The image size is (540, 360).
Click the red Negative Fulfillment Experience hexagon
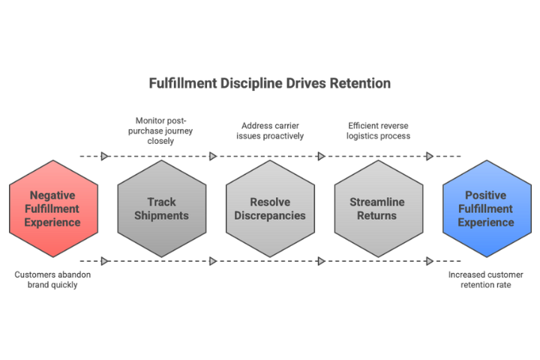click(53, 208)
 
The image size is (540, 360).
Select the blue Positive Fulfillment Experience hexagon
click(486, 208)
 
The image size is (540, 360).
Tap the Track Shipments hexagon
click(162, 208)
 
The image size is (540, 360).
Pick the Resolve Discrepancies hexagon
click(270, 208)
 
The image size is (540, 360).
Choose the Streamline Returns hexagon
click(378, 208)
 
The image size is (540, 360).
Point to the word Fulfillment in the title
click(184, 82)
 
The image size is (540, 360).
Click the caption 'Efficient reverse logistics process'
click(379, 130)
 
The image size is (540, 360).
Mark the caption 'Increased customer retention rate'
click(486, 280)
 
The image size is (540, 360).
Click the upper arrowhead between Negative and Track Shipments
click(105, 156)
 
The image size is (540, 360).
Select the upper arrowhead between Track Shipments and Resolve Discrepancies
click(213, 156)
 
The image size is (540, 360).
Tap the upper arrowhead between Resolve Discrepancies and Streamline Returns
click(321, 156)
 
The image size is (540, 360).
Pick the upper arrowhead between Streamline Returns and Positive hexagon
click(430, 156)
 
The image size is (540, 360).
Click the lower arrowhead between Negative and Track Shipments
click(105, 261)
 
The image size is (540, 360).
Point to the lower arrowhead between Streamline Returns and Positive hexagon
click(430, 261)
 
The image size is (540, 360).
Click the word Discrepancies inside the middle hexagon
click(270, 216)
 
